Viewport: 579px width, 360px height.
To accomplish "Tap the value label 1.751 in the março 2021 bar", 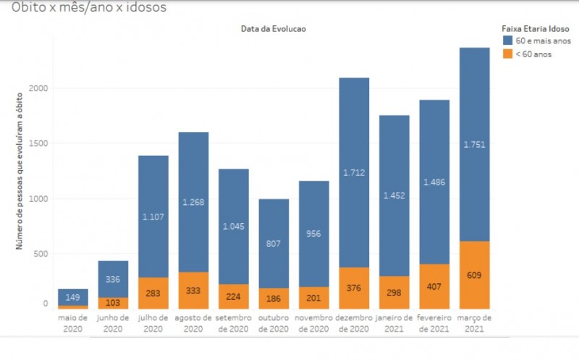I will pyautogui.click(x=474, y=144).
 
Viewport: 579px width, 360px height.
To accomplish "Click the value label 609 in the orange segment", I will pyautogui.click(x=474, y=275).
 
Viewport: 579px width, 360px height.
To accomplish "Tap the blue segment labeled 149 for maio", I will pyautogui.click(x=73, y=297).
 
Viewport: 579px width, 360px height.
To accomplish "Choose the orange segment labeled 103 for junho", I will pyautogui.click(x=113, y=303).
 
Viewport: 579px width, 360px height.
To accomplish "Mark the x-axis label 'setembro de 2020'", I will pyautogui.click(x=234, y=323).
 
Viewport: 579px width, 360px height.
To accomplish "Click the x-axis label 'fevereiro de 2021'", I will pyautogui.click(x=434, y=323).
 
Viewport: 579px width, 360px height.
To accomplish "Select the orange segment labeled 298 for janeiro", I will pyautogui.click(x=394, y=292).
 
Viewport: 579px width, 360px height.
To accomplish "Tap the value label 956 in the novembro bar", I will pyautogui.click(x=314, y=234).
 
